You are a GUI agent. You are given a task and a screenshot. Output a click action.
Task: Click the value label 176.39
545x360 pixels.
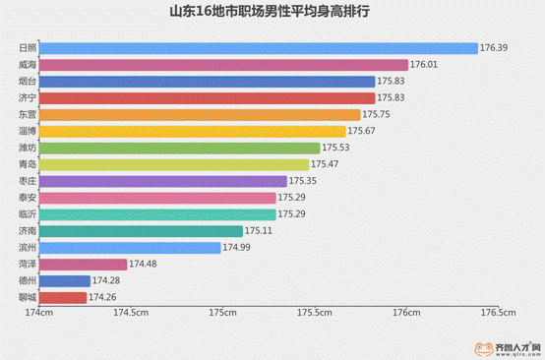click(494, 47)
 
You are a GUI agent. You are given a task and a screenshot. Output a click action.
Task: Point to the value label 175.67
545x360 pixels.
click(361, 131)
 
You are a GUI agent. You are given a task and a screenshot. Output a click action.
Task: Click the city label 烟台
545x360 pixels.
click(28, 81)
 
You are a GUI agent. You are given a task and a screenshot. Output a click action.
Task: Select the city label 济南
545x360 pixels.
click(28, 231)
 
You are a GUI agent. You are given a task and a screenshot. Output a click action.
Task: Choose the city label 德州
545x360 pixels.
click(28, 281)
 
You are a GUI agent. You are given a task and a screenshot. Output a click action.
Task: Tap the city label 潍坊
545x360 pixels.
click(28, 148)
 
